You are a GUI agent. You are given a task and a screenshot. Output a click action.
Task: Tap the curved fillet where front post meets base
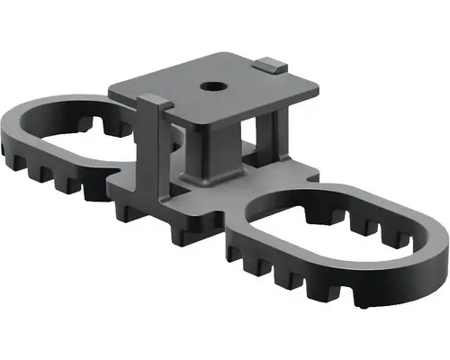point(193,180)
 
